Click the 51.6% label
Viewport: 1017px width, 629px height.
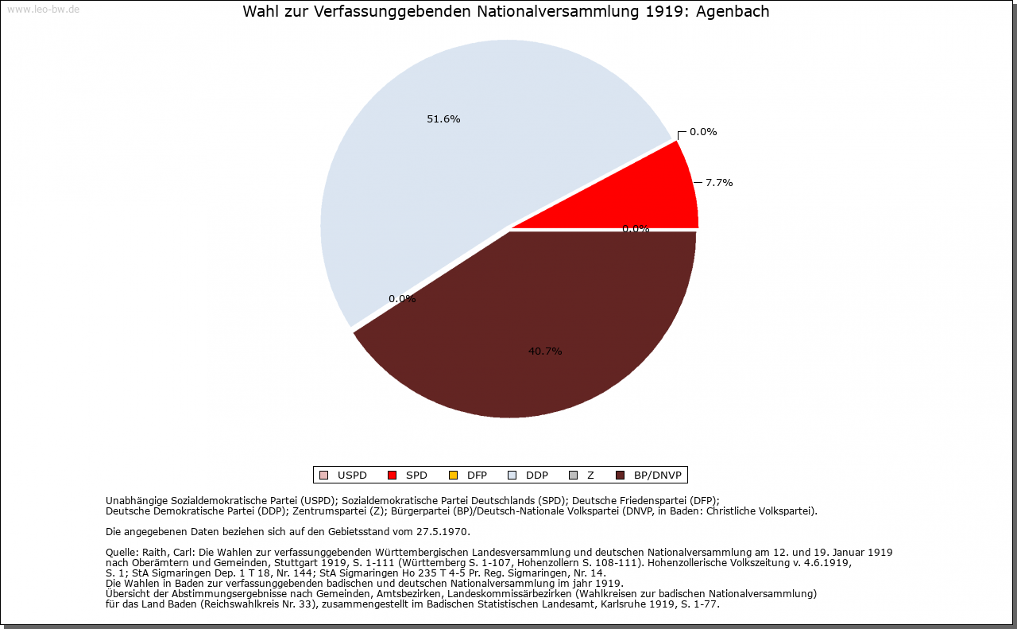pos(443,119)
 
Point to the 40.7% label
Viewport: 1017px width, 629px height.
pos(545,351)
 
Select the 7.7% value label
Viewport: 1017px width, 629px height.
pos(719,182)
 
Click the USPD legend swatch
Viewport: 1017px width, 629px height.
pos(323,476)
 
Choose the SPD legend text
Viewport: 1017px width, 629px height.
pos(416,476)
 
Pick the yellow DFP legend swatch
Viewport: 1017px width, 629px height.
pos(453,476)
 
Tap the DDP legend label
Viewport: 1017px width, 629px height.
pos(537,476)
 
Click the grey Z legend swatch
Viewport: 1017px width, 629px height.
pos(573,476)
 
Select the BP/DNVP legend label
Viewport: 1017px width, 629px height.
pos(657,476)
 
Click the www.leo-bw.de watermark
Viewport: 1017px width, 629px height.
pos(43,10)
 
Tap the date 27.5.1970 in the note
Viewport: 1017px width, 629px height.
pos(442,531)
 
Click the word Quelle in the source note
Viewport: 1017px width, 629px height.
pos(121,552)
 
